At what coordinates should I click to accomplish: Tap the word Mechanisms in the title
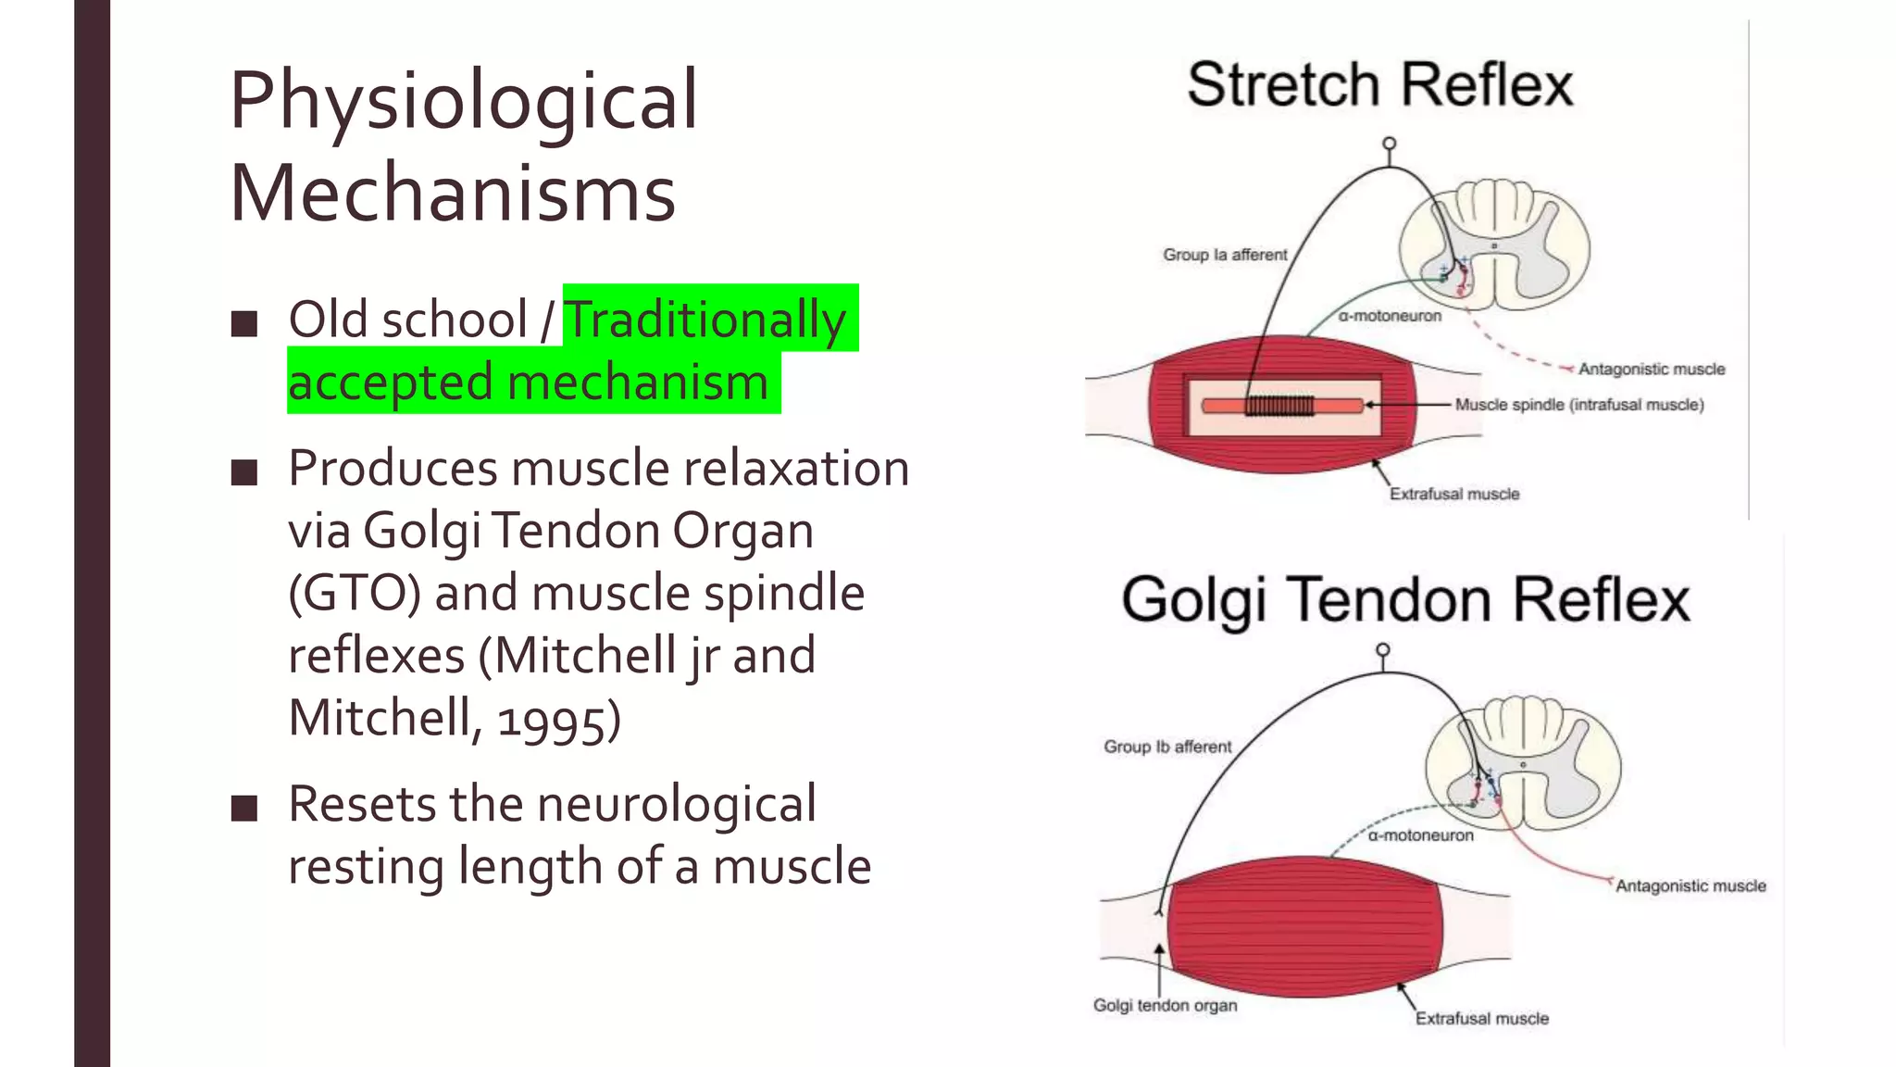pyautogui.click(x=453, y=195)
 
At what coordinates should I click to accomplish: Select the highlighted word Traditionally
pyautogui.click(x=706, y=320)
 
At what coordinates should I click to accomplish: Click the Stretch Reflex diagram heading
pyautogui.click(x=1379, y=85)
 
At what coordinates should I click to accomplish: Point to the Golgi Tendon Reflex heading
pyautogui.click(x=1405, y=600)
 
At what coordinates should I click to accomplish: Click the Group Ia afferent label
pyautogui.click(x=1225, y=255)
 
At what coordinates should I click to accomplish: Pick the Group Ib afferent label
pyautogui.click(x=1167, y=747)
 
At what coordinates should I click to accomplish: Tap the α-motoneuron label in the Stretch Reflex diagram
pyautogui.click(x=1390, y=316)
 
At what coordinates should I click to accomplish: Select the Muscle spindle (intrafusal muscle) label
pyautogui.click(x=1578, y=405)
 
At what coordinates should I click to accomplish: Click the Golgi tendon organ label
pyautogui.click(x=1165, y=1005)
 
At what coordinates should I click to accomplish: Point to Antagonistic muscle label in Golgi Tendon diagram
pyautogui.click(x=1690, y=885)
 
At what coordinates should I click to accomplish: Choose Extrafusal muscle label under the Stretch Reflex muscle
pyautogui.click(x=1453, y=494)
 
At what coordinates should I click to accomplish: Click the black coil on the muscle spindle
pyautogui.click(x=1279, y=406)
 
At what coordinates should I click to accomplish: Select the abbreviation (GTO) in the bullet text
pyautogui.click(x=355, y=593)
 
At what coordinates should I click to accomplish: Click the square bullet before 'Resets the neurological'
pyautogui.click(x=244, y=808)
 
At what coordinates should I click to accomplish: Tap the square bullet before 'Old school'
pyautogui.click(x=244, y=323)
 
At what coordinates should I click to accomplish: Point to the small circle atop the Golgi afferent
pyautogui.click(x=1382, y=650)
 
